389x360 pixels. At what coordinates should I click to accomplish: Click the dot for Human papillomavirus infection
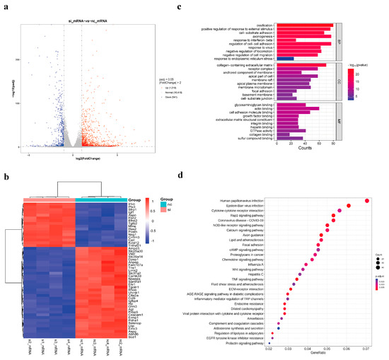[366, 200]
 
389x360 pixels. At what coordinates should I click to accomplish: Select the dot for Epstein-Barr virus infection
[349, 206]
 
